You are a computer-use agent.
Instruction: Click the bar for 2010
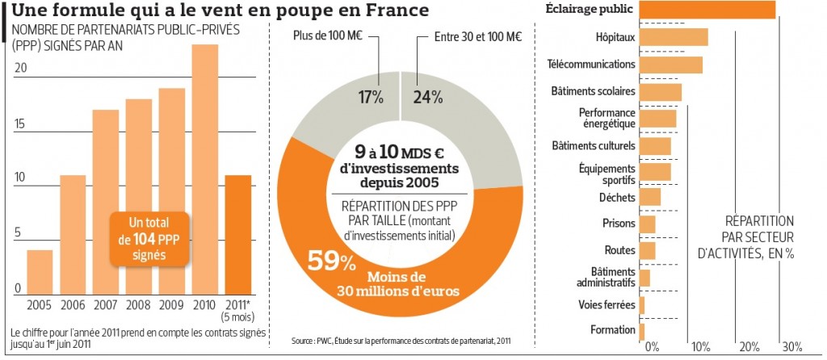[x=205, y=170]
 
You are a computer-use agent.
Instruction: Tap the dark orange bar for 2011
[x=238, y=234]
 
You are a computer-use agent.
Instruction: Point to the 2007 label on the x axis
[x=106, y=306]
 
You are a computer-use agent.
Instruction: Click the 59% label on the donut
[x=331, y=262]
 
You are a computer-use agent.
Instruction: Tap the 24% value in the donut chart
[x=428, y=98]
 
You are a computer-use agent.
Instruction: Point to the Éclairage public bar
[x=707, y=9]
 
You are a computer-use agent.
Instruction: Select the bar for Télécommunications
[x=671, y=65]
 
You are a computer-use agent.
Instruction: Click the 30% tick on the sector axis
[x=791, y=347]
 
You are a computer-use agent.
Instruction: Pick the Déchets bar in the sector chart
[x=650, y=196]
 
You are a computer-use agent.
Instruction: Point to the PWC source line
[x=401, y=341]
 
